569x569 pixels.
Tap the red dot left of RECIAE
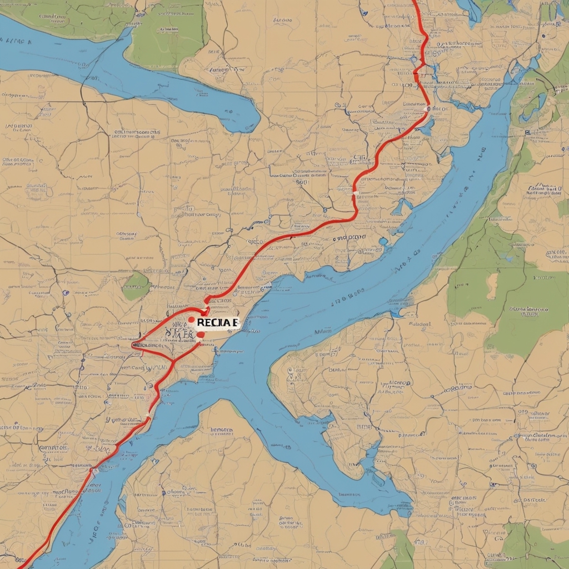click(x=191, y=320)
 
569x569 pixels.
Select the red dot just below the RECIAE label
click(x=199, y=335)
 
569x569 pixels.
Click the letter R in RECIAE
click(x=200, y=323)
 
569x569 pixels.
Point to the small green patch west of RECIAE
click(x=136, y=286)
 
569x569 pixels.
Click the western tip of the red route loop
click(x=134, y=345)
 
